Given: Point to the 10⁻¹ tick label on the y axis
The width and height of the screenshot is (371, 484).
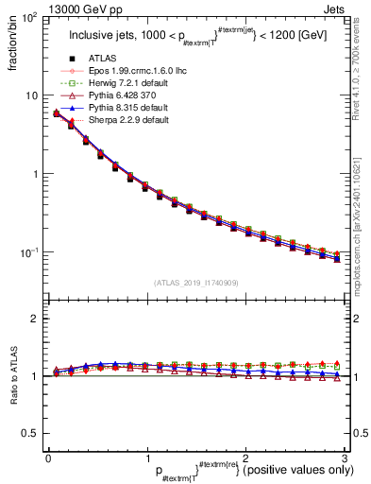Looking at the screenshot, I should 30,252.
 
